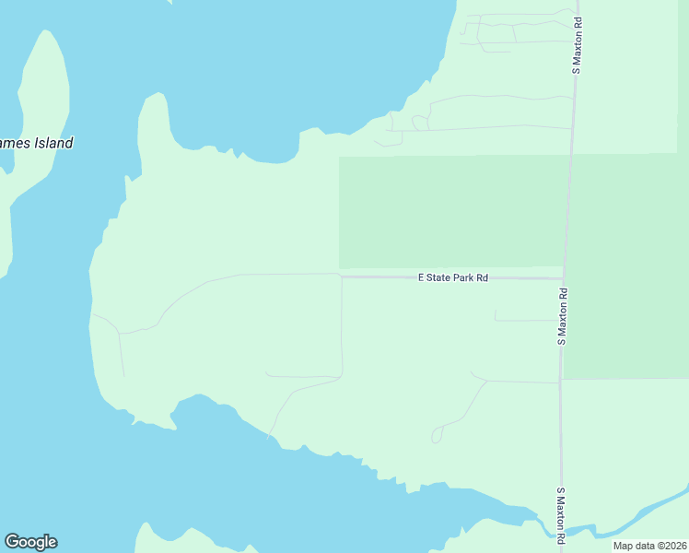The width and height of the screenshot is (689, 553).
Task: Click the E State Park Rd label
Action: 452,276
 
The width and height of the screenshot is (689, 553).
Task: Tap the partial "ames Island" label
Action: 37,144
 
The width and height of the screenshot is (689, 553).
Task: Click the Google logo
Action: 30,542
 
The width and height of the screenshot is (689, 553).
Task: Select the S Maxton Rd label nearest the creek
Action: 559,514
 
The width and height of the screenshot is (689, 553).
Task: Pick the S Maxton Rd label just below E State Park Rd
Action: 562,316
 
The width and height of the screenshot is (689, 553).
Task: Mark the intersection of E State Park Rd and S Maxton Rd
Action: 564,277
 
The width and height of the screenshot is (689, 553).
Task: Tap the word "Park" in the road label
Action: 463,276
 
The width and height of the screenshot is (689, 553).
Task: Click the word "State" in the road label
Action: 438,276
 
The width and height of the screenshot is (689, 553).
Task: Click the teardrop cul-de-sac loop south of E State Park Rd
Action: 437,435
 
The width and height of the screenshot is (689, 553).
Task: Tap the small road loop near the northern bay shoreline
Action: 420,123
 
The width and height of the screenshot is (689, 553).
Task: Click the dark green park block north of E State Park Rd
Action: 451,212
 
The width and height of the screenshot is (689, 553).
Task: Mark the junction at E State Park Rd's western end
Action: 342,276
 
